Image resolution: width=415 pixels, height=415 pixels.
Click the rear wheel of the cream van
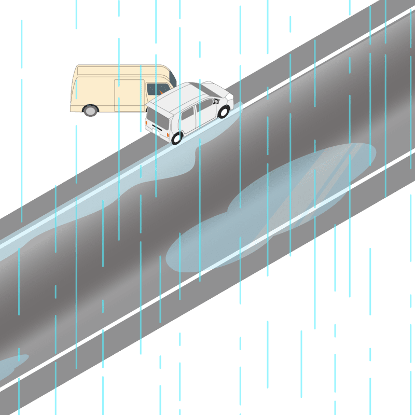pyautogui.click(x=90, y=110)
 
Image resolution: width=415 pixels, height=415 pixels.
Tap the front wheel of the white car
pyautogui.click(x=224, y=112)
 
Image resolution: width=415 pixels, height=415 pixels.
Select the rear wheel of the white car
pyautogui.click(x=177, y=138)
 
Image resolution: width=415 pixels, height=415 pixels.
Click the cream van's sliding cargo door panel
pyautogui.click(x=129, y=95)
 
